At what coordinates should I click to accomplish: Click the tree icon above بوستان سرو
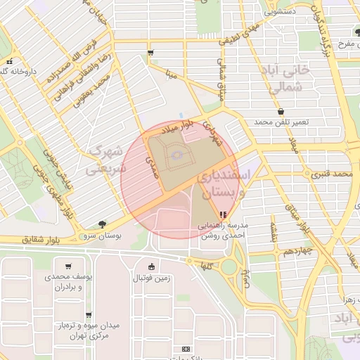coord(103,224)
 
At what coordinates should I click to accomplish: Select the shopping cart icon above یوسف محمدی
coord(68,266)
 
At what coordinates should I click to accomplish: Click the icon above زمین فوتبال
coord(153,266)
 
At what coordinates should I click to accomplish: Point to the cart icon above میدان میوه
coord(88,315)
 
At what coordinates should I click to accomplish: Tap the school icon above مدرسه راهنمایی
coord(223,214)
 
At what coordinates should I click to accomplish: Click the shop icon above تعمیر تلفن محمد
coord(281,112)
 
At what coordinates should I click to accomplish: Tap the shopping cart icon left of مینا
coord(150,53)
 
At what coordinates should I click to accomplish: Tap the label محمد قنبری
coord(332,173)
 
